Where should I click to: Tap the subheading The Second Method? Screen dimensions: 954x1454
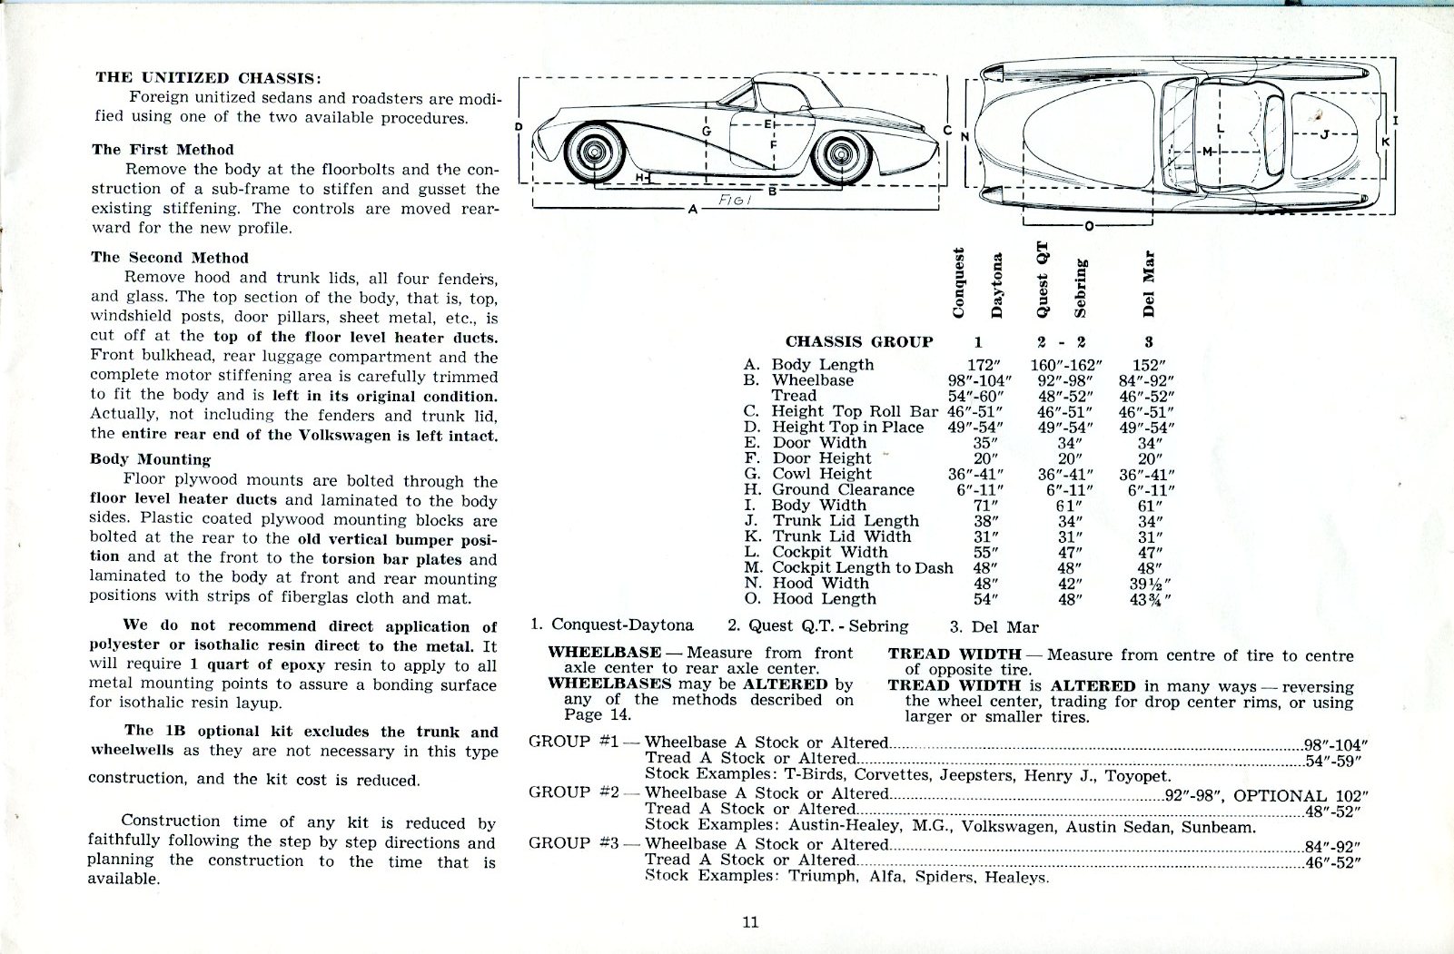coord(169,258)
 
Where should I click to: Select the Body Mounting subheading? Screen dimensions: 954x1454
coord(150,459)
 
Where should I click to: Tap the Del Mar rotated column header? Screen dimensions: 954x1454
coord(1149,282)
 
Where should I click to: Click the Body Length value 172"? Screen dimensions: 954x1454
coord(984,365)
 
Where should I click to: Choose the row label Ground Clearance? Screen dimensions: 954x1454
coord(843,490)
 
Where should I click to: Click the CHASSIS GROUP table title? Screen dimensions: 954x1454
coord(858,342)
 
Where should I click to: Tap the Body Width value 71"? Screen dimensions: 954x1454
coord(984,506)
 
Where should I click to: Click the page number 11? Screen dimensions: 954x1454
coord(750,922)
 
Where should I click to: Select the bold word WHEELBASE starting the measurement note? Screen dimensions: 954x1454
coord(604,653)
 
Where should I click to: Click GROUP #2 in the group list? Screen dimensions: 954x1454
coord(573,792)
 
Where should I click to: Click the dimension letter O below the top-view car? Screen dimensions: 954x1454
coord(1089,226)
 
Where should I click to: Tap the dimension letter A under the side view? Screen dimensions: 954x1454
coord(693,210)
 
